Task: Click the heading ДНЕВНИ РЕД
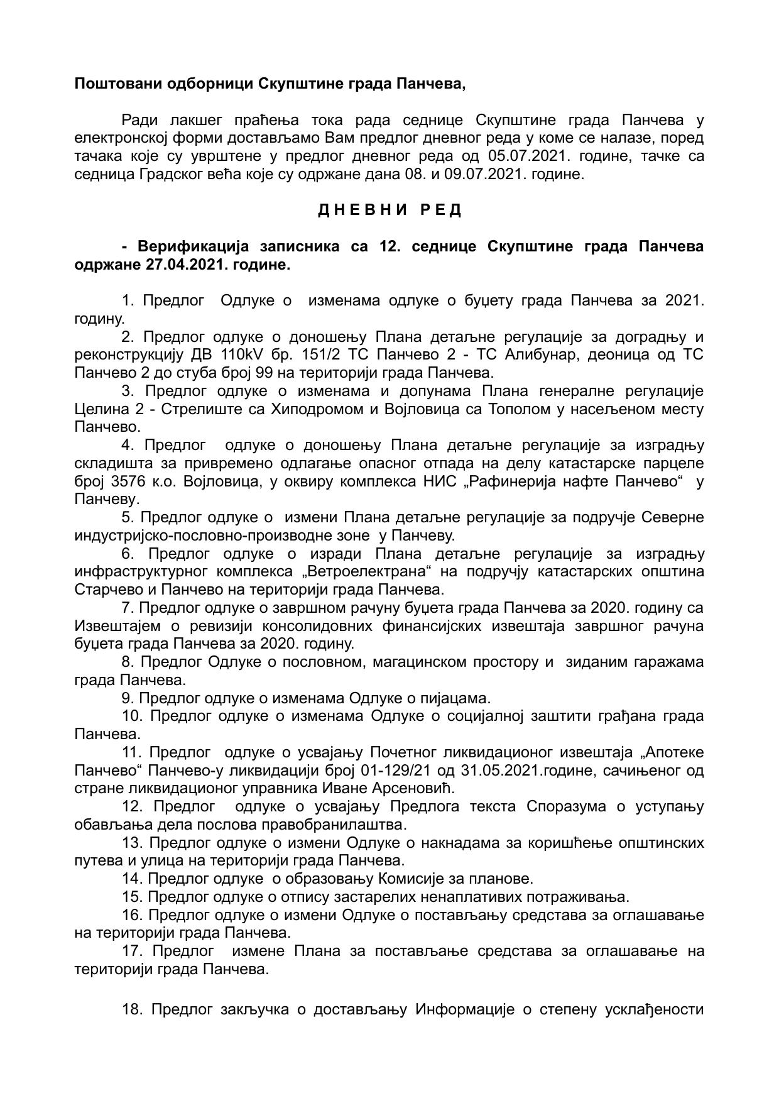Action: (x=389, y=211)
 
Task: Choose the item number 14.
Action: (x=133, y=879)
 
